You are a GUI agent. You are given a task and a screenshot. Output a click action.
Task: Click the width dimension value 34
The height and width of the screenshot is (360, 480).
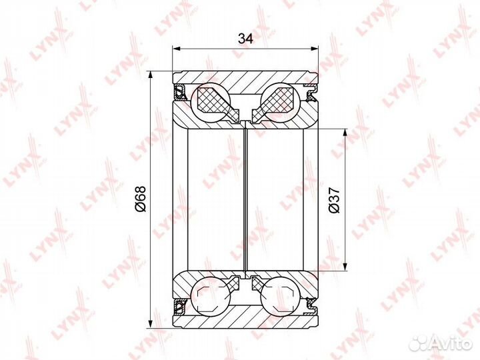tap(245, 39)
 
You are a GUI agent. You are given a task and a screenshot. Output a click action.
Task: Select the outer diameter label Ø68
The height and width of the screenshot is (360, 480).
tap(141, 199)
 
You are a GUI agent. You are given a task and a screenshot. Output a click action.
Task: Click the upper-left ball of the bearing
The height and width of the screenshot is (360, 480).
tap(210, 102)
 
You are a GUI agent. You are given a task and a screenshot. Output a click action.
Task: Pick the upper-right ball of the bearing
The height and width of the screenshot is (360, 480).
tap(280, 102)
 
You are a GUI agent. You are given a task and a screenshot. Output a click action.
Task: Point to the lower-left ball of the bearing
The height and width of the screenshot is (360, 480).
tap(210, 296)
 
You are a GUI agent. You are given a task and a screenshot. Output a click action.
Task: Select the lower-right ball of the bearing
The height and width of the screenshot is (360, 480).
tap(280, 296)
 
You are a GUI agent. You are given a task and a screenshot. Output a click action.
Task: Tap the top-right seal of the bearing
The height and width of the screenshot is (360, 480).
tap(312, 93)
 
